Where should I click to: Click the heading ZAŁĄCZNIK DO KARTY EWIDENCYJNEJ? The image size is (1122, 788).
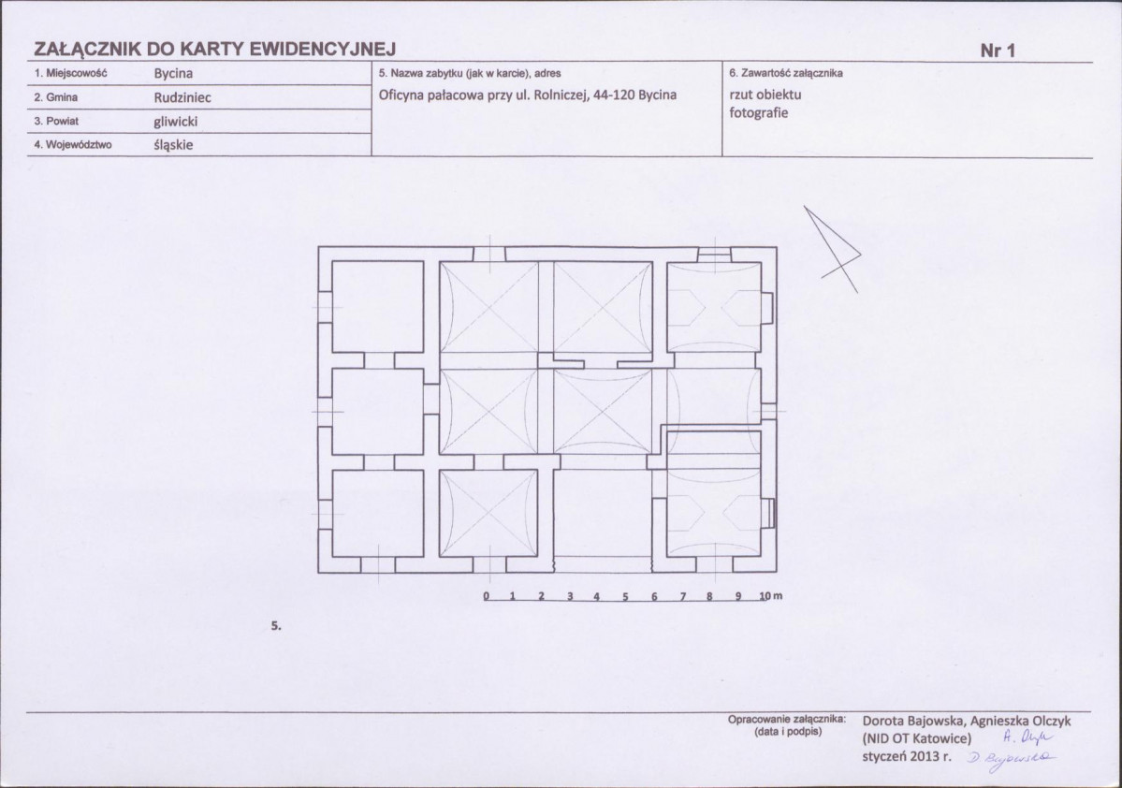(214, 49)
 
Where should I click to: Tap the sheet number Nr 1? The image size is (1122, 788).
(998, 51)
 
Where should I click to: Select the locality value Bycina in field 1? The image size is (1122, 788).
(173, 74)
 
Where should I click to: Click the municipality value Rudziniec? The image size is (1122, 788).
(182, 98)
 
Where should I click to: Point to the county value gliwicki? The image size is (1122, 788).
(175, 122)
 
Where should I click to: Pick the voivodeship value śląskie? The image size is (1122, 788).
(173, 145)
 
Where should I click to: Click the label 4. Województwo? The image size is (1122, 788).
(73, 144)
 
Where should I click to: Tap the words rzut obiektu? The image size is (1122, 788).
(765, 95)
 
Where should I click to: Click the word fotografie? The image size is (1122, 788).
(759, 113)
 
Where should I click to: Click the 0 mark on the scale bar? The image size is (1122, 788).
(487, 596)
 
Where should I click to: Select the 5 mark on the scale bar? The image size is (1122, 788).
(625, 596)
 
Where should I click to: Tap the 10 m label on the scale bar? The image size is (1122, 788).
(771, 595)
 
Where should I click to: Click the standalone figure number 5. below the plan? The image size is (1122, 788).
(276, 626)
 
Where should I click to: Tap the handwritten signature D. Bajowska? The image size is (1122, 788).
(1011, 758)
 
